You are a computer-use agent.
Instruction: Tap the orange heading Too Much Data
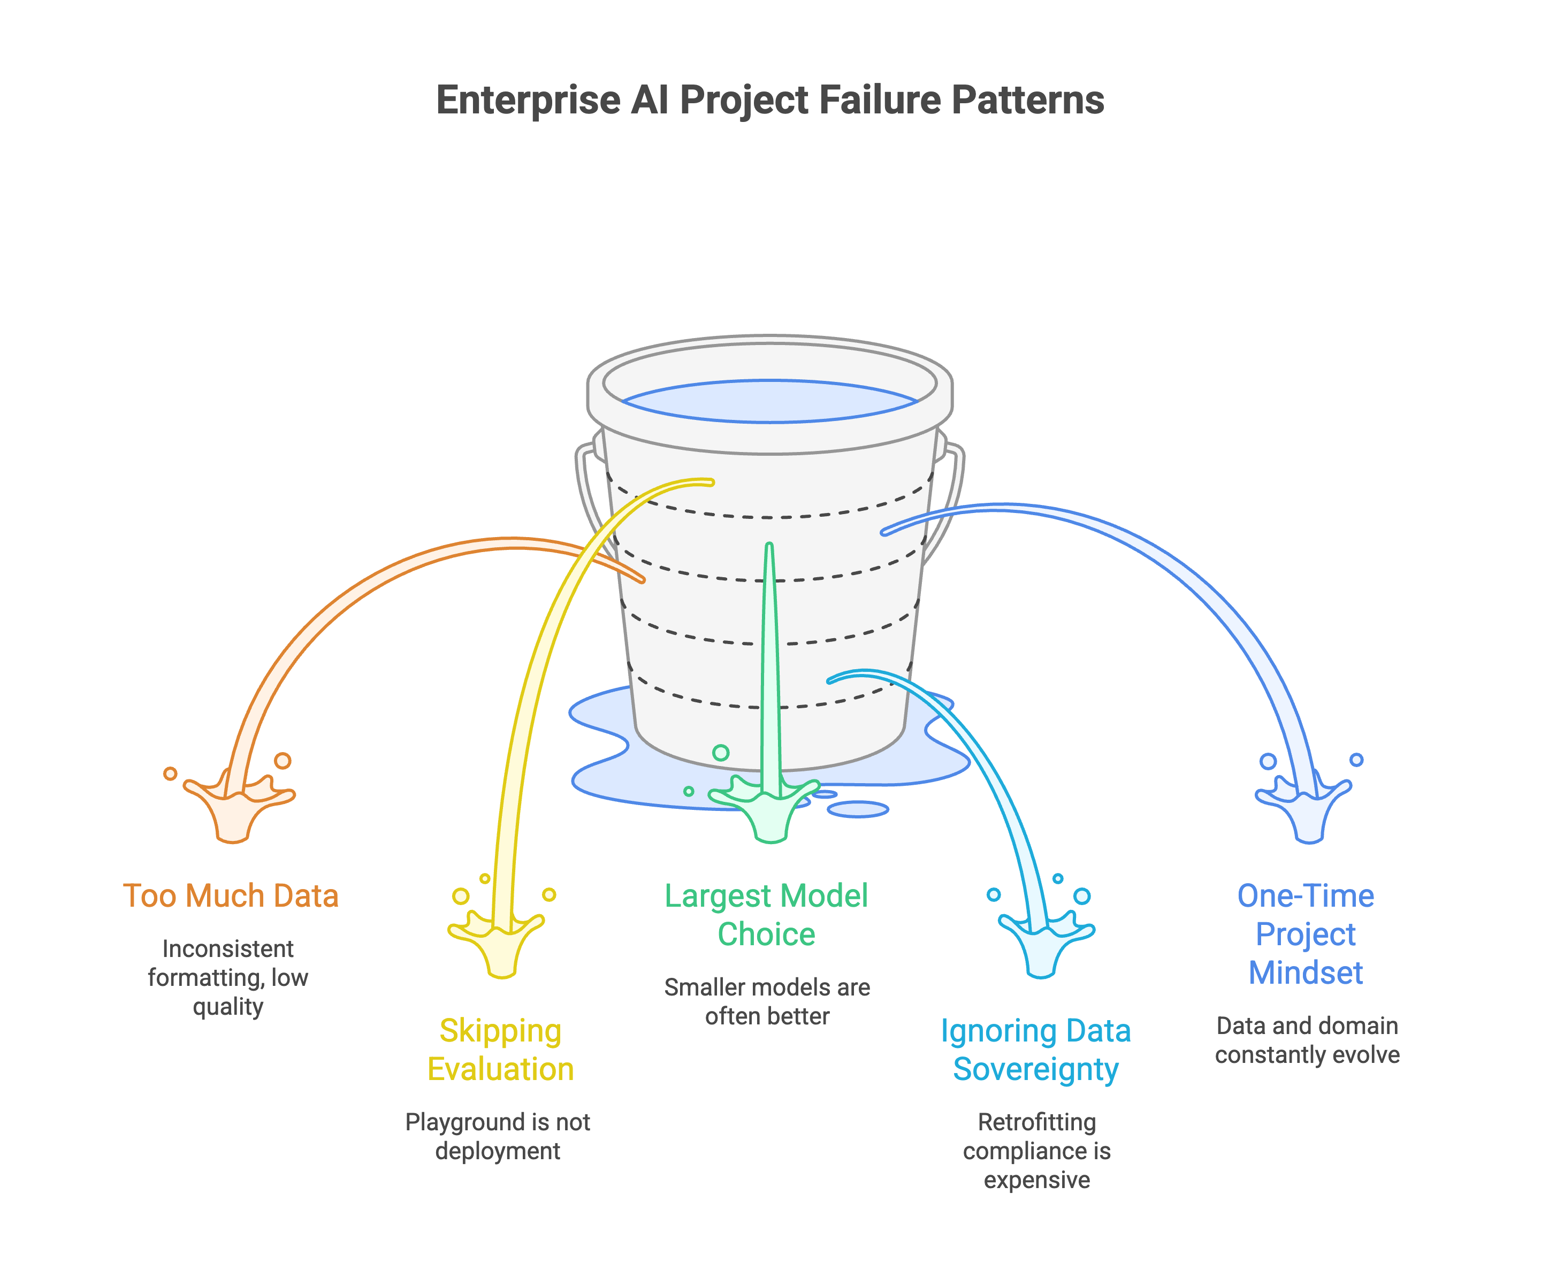click(x=230, y=895)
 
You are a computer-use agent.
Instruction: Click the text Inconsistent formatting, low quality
click(x=228, y=977)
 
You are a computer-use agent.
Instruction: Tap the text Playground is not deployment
click(x=498, y=1136)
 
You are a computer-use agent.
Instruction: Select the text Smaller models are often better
click(x=767, y=1001)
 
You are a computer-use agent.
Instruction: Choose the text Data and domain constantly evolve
click(x=1307, y=1040)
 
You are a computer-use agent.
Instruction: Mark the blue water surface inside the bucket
click(x=769, y=401)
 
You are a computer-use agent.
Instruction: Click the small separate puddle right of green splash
click(x=858, y=809)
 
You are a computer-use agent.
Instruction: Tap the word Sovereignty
click(x=1036, y=1069)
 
